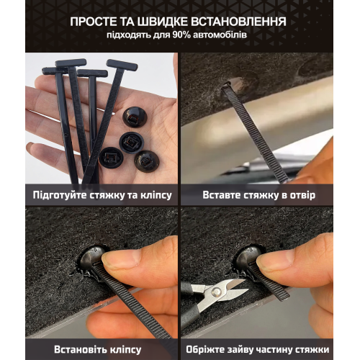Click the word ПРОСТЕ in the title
pyautogui.click(x=97, y=22)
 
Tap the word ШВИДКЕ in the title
pyautogui.click(x=168, y=22)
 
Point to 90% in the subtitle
pyautogui.click(x=186, y=35)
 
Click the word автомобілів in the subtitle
pyautogui.click(x=223, y=35)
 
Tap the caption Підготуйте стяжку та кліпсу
pyautogui.click(x=101, y=194)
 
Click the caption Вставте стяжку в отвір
pyautogui.click(x=258, y=194)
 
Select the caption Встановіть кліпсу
pyautogui.click(x=101, y=348)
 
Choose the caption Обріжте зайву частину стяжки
pyautogui.click(x=258, y=348)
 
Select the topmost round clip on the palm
pyautogui.click(x=135, y=117)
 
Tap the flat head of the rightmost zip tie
pyautogui.click(x=122, y=65)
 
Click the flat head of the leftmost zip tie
pyautogui.click(x=54, y=71)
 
